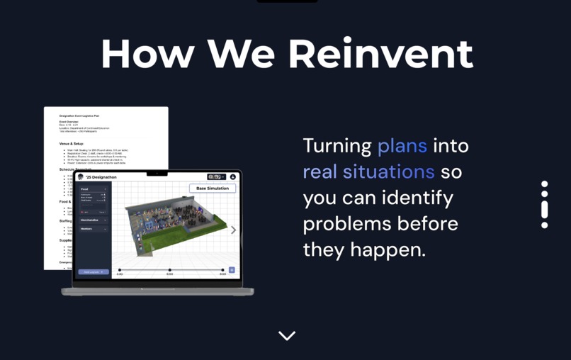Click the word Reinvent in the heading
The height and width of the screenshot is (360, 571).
(380, 54)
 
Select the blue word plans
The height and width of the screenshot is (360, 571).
(402, 146)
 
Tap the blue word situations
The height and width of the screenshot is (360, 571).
(388, 172)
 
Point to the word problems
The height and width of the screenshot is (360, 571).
(349, 225)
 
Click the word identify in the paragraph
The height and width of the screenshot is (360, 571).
(417, 198)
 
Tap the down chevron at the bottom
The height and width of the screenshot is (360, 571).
(287, 336)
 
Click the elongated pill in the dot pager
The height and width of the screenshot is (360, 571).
(544, 209)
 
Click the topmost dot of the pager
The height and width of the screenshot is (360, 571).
(544, 184)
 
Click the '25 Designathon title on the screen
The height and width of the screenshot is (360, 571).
(101, 177)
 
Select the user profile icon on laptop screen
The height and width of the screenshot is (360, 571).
(232, 177)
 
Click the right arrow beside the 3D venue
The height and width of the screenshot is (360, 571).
(233, 230)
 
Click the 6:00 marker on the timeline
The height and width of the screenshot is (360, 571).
(170, 271)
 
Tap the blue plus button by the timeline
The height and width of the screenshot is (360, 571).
(232, 270)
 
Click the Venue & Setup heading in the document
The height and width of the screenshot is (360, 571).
(72, 144)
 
